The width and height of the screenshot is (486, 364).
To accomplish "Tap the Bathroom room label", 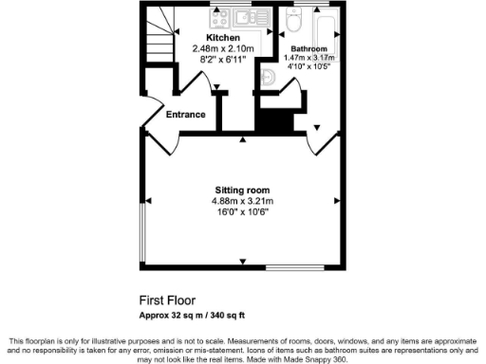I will [x=308, y=47].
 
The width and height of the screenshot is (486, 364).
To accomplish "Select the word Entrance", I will [x=186, y=115].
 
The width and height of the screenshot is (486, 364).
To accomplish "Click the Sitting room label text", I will [x=241, y=191].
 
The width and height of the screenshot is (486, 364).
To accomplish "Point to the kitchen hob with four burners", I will [x=223, y=16].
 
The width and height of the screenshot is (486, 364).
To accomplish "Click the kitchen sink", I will [x=254, y=16].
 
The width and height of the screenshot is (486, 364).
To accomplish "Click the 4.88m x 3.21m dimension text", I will [x=242, y=201].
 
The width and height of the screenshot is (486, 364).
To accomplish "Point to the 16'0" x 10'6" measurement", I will [x=242, y=212].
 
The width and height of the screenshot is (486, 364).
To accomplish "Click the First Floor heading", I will [x=167, y=300].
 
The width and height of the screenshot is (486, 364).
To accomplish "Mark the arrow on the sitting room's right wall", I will [x=336, y=201].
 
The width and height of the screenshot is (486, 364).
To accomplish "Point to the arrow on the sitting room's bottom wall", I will [x=243, y=263].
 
